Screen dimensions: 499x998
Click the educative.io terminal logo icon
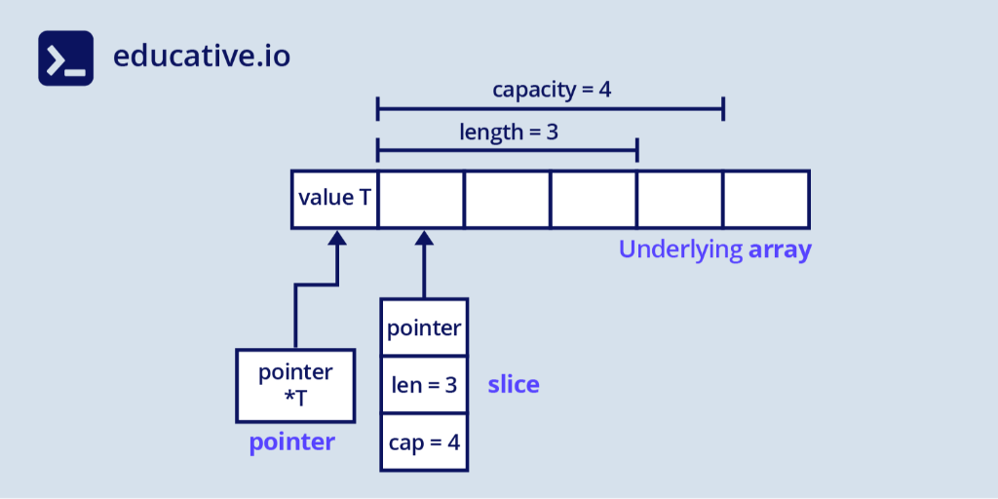tap(66, 58)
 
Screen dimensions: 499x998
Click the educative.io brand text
tap(201, 56)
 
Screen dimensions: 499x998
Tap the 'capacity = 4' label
tap(552, 91)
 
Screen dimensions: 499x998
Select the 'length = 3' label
tap(509, 131)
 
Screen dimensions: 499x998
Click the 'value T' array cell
tap(334, 199)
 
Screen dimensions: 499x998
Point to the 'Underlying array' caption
tap(714, 249)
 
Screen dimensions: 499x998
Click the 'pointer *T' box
tap(295, 385)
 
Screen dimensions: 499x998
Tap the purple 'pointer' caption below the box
tap(291, 442)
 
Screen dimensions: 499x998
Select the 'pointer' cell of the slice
tap(424, 328)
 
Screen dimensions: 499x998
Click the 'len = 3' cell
tap(424, 385)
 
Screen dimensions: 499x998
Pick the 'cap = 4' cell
tap(424, 441)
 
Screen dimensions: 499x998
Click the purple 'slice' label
tap(514, 385)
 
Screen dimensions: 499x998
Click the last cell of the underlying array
tap(765, 199)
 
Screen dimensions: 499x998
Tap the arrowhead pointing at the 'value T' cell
tap(337, 238)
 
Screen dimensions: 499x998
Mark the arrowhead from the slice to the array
tap(424, 238)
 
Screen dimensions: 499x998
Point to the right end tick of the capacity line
tap(723, 108)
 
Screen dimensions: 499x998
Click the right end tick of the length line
tap(636, 150)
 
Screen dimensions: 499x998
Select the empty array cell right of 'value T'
tap(420, 199)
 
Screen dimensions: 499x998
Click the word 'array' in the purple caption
tap(780, 249)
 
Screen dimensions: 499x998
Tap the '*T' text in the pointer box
tap(295, 398)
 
